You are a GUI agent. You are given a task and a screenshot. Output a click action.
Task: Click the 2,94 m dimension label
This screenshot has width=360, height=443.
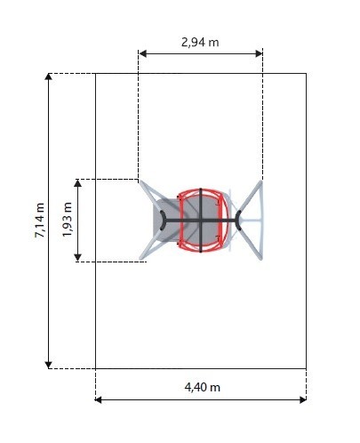coord(200,43)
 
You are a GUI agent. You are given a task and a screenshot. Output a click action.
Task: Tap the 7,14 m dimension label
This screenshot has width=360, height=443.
coord(40,221)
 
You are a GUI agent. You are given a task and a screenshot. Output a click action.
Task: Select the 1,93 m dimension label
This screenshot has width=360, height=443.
coord(68,220)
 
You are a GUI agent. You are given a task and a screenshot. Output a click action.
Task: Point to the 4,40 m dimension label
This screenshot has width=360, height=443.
coord(203,387)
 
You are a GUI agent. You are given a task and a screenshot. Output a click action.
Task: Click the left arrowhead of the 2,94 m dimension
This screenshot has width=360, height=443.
coord(142,53)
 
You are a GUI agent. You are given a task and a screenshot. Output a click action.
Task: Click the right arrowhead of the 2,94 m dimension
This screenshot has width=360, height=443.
coord(259,53)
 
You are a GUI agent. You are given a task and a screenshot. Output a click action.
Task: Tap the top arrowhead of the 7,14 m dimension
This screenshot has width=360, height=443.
coord(48,77)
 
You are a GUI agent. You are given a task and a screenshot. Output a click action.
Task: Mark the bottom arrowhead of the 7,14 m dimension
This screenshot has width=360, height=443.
coord(48,365)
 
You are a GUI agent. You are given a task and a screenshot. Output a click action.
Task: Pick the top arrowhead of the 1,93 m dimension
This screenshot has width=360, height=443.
coord(77,182)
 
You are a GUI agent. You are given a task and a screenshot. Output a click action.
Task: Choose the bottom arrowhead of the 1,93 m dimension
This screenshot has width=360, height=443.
coord(77,258)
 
